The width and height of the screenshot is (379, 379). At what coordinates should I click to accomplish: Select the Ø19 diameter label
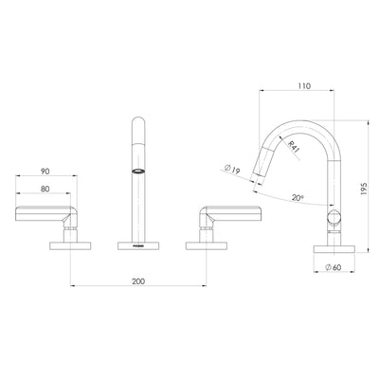[x=230, y=171]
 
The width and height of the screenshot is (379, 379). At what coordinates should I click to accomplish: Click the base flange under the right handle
[x=206, y=244]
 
